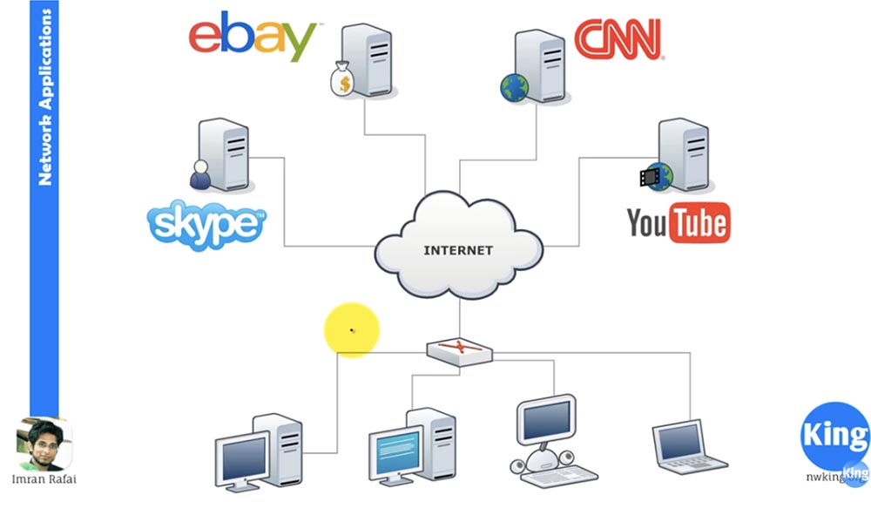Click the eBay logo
coord(253,37)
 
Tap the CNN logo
coord(618,39)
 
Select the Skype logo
coord(206,223)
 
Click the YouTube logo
coord(678,224)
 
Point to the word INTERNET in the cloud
coord(458,250)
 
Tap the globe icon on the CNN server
coord(513,86)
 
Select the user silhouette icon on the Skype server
coord(201,175)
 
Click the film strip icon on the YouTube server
coord(649,178)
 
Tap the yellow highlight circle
coord(352,330)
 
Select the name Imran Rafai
coord(44,478)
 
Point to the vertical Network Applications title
coord(45,96)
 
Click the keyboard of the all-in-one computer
coord(558,475)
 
